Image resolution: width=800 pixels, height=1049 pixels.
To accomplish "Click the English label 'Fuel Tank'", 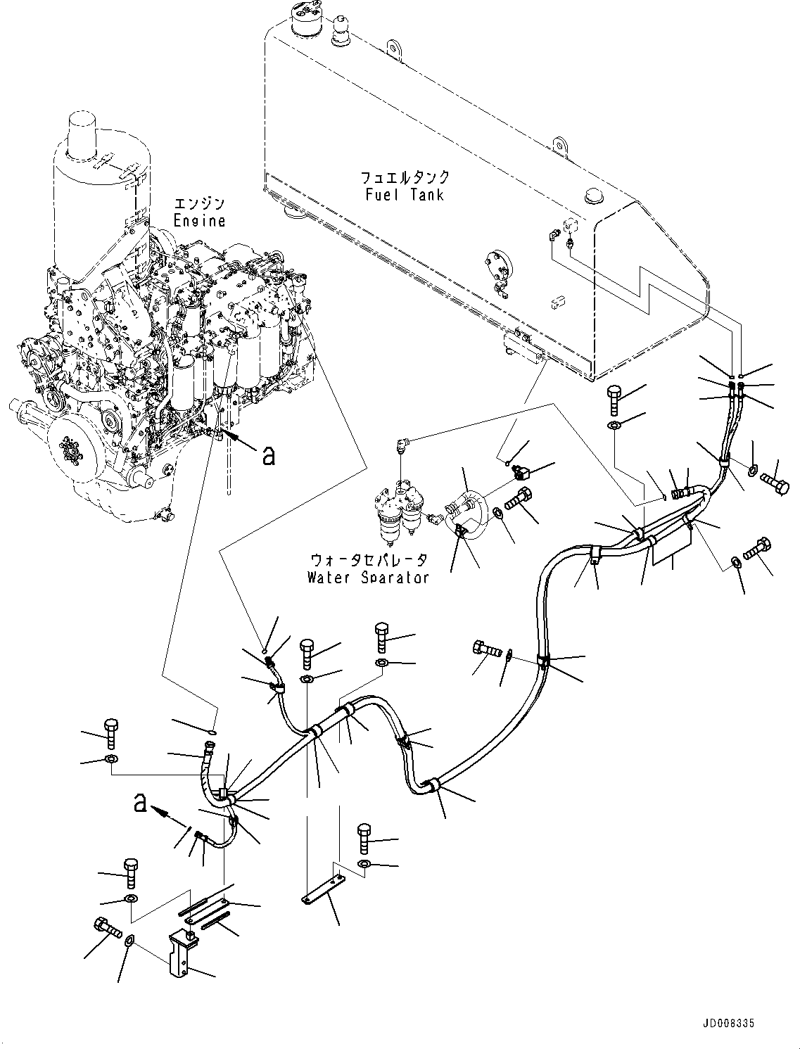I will tap(405, 194).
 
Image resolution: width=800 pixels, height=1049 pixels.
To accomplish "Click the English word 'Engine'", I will tap(199, 220).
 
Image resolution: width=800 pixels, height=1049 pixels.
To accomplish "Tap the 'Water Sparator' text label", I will tap(367, 578).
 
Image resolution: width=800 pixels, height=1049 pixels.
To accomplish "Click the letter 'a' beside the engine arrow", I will tap(268, 456).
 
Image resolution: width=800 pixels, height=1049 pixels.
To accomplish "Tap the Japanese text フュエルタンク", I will tap(405, 177).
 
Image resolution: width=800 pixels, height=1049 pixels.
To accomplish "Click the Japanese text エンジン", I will tap(201, 204).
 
